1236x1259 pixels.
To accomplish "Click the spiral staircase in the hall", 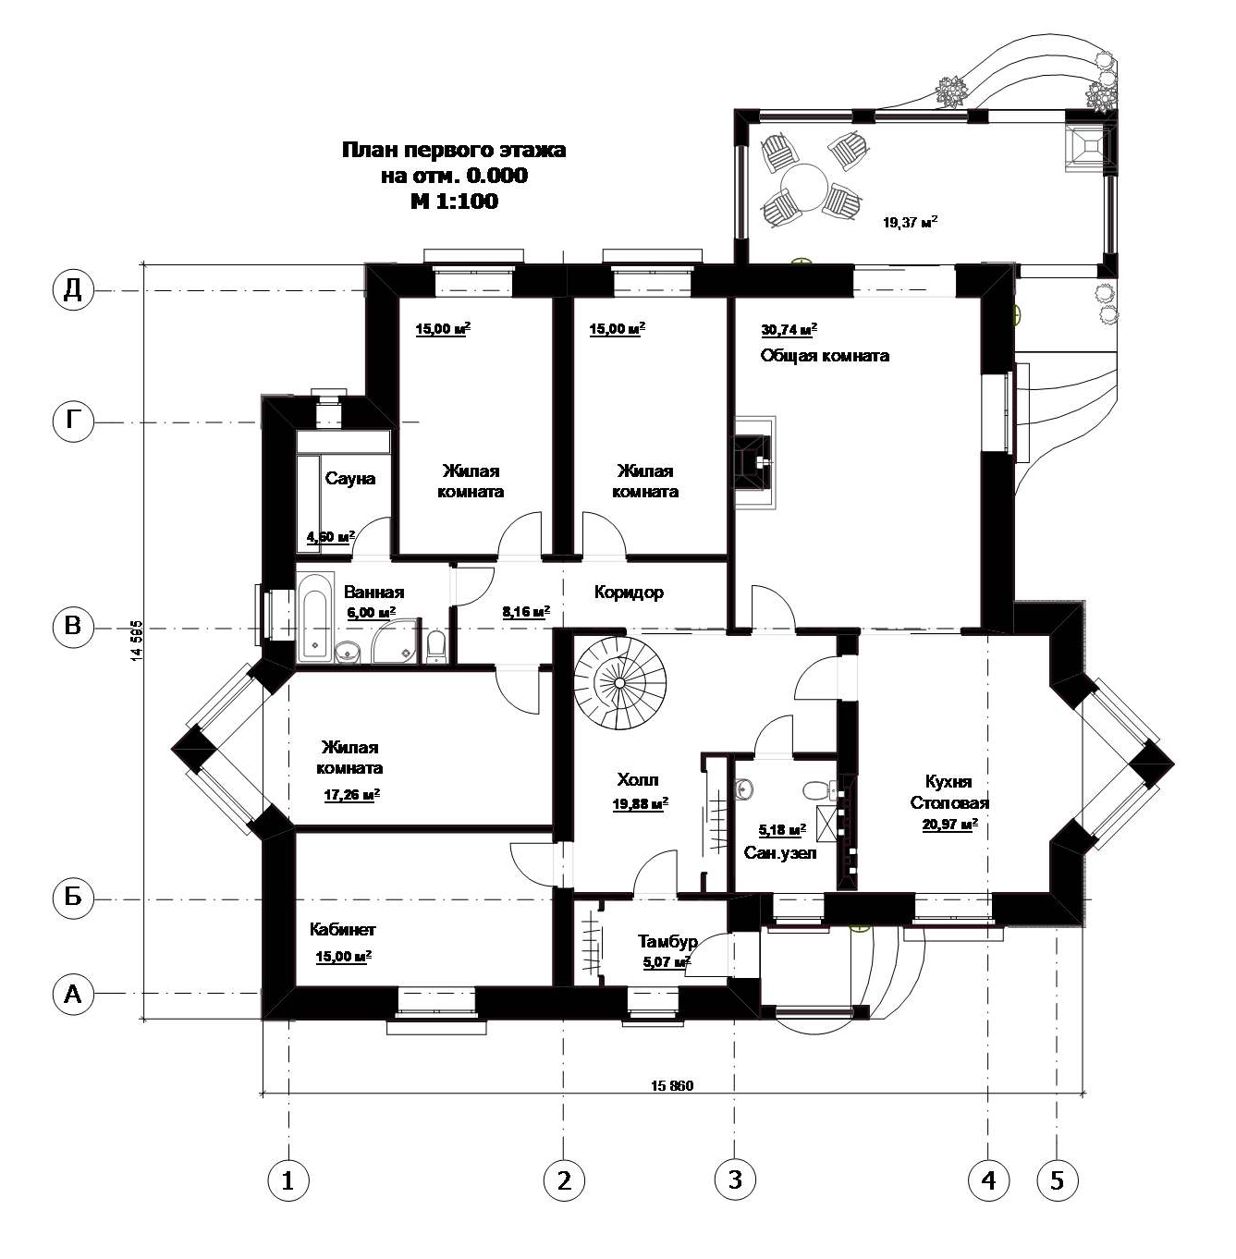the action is pyautogui.click(x=619, y=683).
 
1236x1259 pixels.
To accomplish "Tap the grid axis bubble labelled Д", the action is pyautogui.click(x=72, y=289).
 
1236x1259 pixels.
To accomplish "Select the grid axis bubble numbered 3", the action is pyautogui.click(x=735, y=1180).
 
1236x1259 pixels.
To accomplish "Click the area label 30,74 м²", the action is pyautogui.click(x=789, y=329).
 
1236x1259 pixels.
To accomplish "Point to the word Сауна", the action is pyautogui.click(x=349, y=478).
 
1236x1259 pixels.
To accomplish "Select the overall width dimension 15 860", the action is pyautogui.click(x=672, y=1085).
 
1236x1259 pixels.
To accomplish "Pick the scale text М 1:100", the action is pyautogui.click(x=454, y=201).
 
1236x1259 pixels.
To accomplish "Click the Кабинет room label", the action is pyautogui.click(x=342, y=928).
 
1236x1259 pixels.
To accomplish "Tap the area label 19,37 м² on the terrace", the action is pyautogui.click(x=911, y=222).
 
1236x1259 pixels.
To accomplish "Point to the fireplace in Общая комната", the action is pyautogui.click(x=755, y=462).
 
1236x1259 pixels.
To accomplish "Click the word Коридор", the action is pyautogui.click(x=629, y=592).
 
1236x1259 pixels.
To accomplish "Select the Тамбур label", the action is pyautogui.click(x=667, y=941).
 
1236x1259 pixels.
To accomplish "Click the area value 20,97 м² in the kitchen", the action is pyautogui.click(x=949, y=824).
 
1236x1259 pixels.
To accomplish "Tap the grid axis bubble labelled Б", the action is pyautogui.click(x=72, y=897).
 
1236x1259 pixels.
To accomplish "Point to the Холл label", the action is pyautogui.click(x=638, y=779).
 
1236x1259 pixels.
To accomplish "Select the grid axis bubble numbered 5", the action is pyautogui.click(x=1057, y=1180).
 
